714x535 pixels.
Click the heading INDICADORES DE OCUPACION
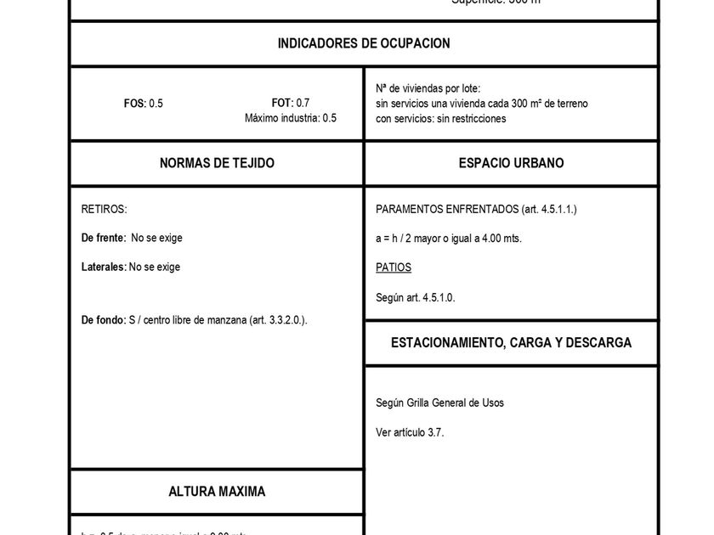[364, 43]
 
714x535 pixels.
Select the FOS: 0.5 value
[144, 104]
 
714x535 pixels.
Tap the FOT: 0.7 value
[291, 103]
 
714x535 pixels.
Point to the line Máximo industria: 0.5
[291, 118]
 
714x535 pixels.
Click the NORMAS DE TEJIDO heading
[217, 163]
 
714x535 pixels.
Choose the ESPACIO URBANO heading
[511, 163]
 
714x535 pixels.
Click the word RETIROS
[104, 209]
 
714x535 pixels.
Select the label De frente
[103, 238]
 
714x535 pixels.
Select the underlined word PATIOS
[394, 267]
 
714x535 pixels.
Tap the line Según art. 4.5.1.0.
[416, 297]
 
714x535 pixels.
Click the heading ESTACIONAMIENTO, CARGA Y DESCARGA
[511, 343]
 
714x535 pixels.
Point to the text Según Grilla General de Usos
[439, 403]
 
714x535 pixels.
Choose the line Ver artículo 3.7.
[410, 432]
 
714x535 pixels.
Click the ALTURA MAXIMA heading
[217, 492]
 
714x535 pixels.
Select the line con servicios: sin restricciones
[441, 119]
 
